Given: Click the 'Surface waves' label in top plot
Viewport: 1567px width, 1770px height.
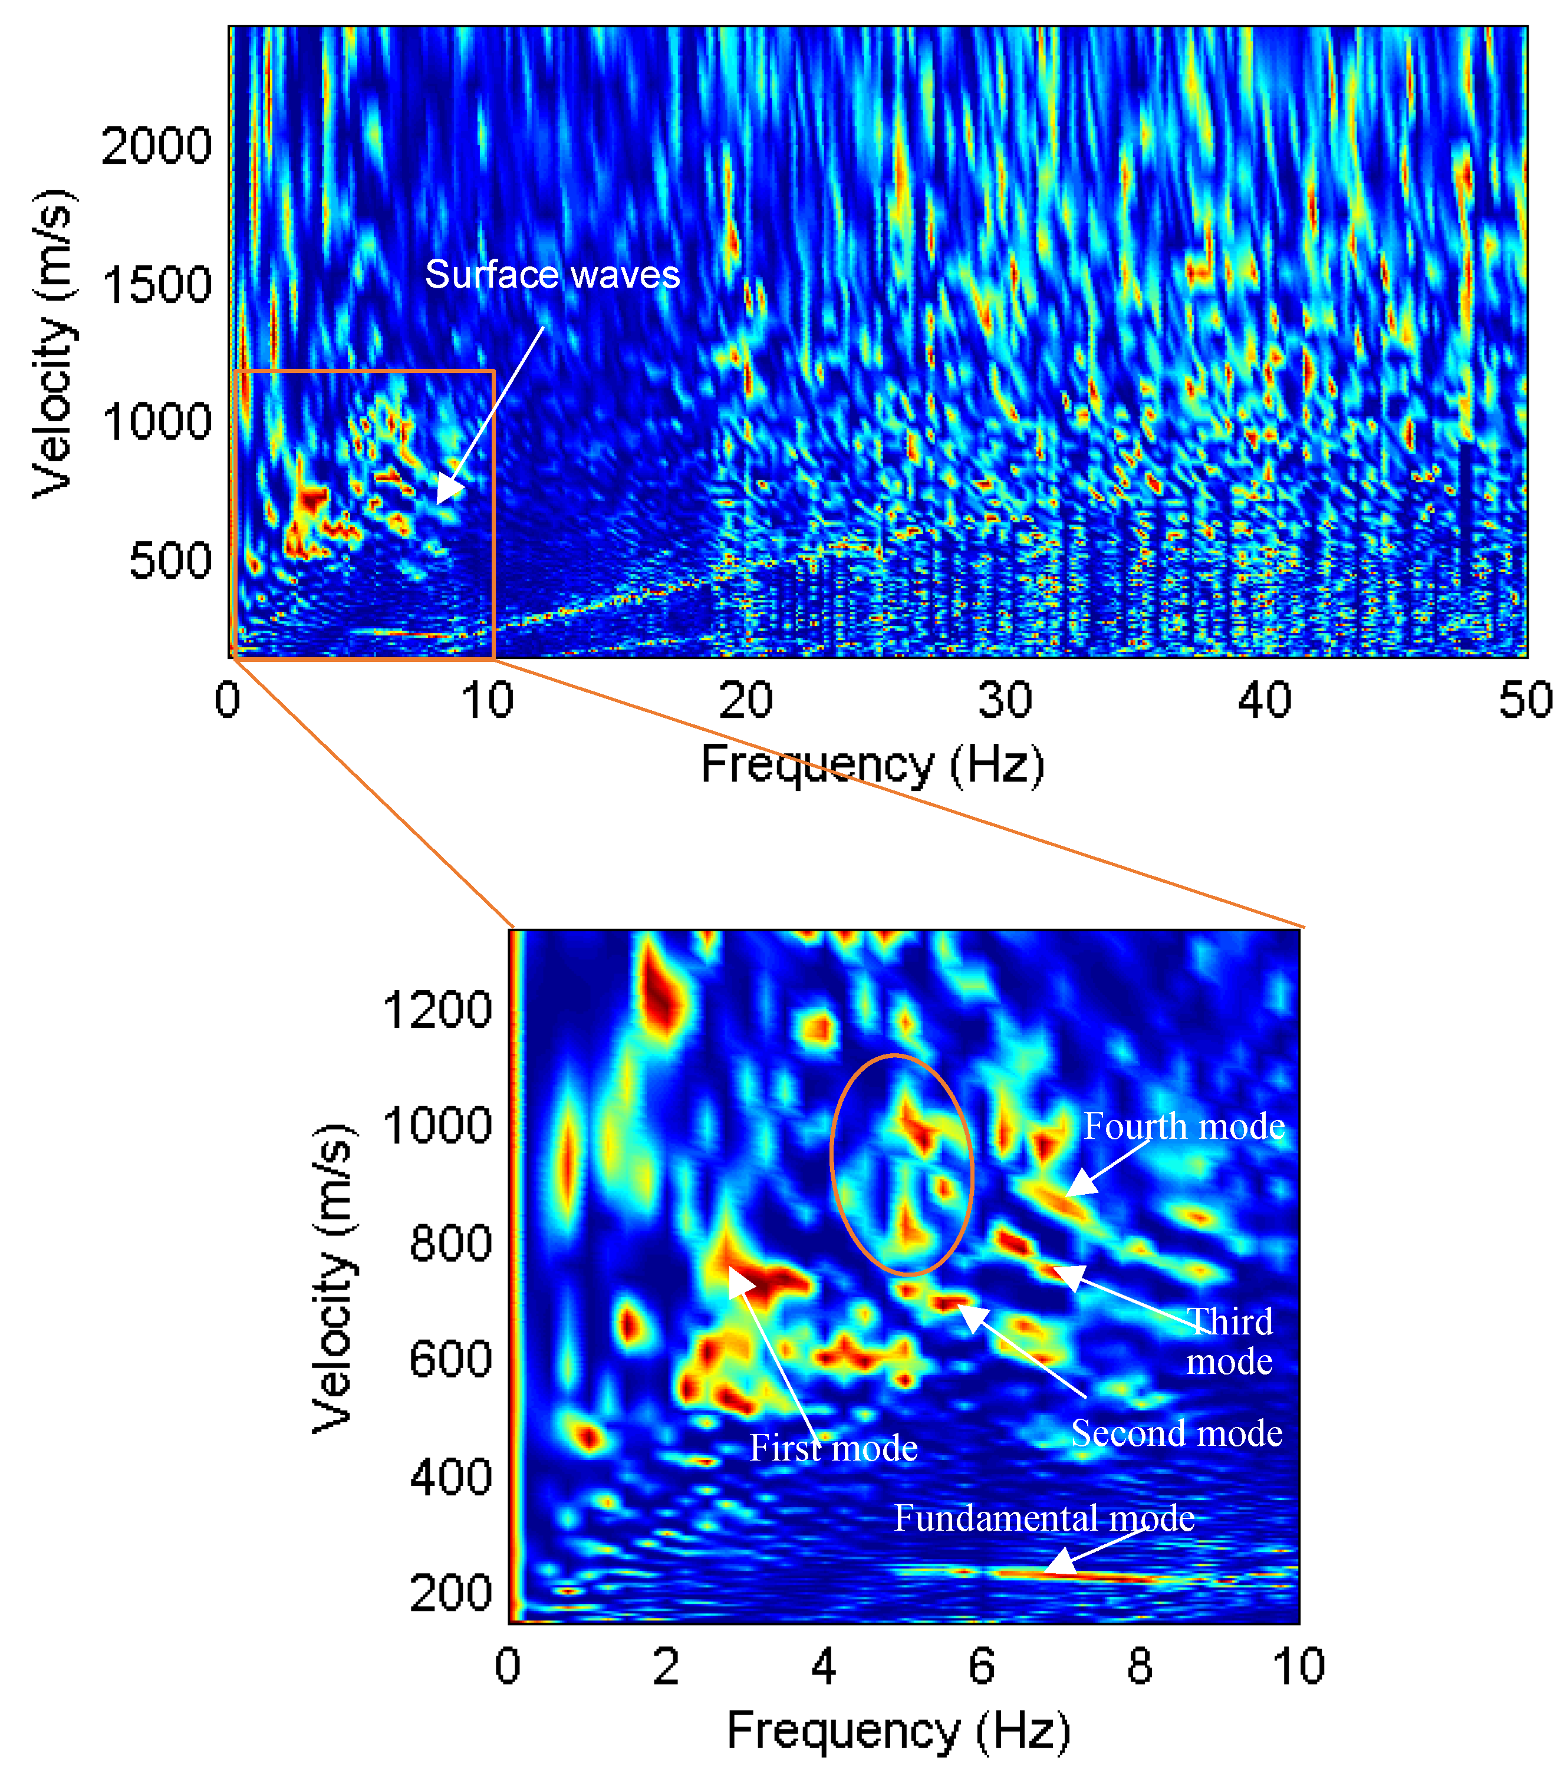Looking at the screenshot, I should click(552, 275).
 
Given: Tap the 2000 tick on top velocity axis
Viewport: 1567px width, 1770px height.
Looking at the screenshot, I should click(156, 146).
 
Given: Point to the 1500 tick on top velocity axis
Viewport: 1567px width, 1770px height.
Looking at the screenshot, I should click(156, 284).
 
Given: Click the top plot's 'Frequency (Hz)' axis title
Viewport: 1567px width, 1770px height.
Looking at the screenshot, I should click(873, 764).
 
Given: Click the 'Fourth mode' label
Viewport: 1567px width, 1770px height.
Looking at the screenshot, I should click(1183, 1126).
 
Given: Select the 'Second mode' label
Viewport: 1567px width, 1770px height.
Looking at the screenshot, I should click(1176, 1433).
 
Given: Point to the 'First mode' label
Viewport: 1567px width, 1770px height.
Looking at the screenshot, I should click(832, 1448).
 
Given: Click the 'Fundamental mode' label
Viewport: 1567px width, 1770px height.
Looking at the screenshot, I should click(1044, 1518).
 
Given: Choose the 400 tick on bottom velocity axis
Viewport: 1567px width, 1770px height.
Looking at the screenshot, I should click(450, 1476).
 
